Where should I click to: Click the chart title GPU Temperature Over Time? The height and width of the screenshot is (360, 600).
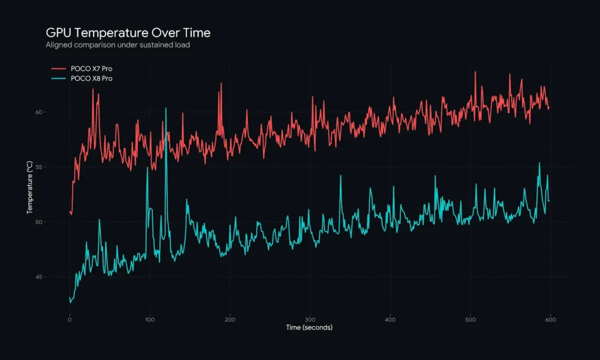tap(128, 33)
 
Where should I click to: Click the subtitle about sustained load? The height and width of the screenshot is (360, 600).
tap(117, 45)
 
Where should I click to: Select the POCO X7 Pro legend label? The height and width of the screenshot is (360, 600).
tap(91, 69)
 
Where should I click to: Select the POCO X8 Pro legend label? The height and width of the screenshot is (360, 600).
tap(91, 78)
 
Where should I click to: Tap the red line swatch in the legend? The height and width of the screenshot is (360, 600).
tap(59, 69)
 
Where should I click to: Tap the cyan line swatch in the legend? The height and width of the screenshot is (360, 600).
tap(59, 78)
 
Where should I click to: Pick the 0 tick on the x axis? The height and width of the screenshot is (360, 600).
tap(70, 320)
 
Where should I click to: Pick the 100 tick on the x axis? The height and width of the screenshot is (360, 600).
tap(149, 320)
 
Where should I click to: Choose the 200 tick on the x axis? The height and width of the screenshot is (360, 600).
tap(230, 320)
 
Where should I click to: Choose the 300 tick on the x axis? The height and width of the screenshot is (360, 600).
tap(310, 320)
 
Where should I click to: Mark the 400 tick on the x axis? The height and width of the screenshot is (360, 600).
tap(390, 320)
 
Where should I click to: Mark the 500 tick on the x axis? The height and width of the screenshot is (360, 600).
tap(470, 320)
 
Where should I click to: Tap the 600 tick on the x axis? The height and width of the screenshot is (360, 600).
tap(550, 320)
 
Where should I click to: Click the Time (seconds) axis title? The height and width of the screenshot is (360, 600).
tap(309, 327)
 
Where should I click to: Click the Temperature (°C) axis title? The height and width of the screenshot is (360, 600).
tap(29, 187)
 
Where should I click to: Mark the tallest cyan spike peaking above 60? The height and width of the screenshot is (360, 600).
tap(166, 109)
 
